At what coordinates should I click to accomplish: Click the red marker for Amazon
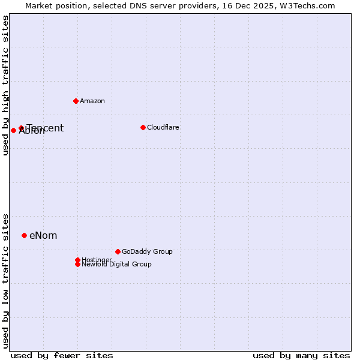click(x=76, y=101)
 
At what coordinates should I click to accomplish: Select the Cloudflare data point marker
click(x=143, y=127)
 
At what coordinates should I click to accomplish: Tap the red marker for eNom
click(x=24, y=235)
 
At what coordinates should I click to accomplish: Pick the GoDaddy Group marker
click(x=118, y=251)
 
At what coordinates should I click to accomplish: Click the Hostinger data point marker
click(x=77, y=260)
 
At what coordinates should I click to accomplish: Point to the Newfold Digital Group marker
click(x=77, y=264)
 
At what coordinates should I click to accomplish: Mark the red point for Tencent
click(x=21, y=128)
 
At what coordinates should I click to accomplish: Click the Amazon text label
click(x=92, y=101)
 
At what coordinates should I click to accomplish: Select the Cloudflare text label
click(x=163, y=127)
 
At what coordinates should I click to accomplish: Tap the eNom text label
click(x=43, y=235)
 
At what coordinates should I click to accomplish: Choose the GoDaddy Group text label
click(x=147, y=251)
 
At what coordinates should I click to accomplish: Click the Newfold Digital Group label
click(x=117, y=265)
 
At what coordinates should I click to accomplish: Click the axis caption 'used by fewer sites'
click(x=62, y=356)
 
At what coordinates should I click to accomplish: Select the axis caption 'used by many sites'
click(x=301, y=356)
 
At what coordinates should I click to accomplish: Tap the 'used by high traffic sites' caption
click(x=5, y=86)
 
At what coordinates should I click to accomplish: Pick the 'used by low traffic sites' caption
click(x=5, y=281)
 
